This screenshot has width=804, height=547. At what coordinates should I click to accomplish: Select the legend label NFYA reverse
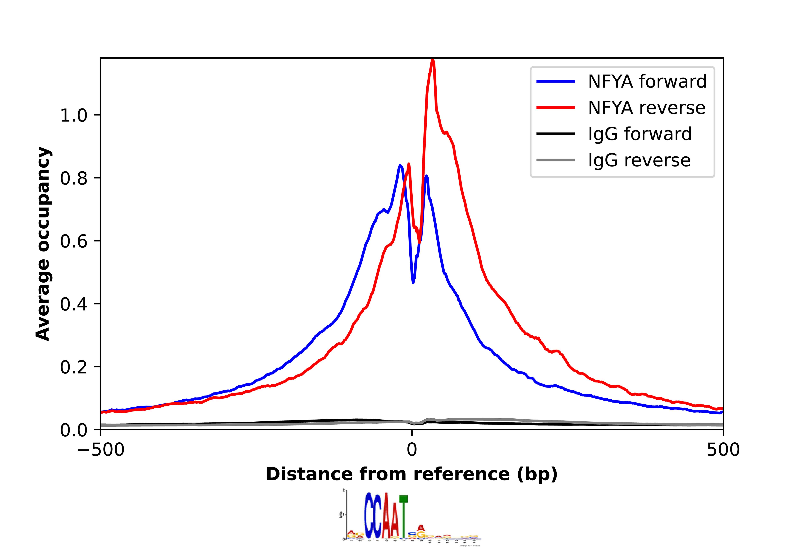(646, 108)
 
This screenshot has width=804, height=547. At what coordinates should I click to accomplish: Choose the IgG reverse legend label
(639, 160)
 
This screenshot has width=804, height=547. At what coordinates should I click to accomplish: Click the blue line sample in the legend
(556, 82)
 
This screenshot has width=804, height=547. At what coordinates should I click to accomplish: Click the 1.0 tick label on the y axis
(74, 115)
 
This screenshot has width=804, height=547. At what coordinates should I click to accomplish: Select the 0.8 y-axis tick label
(74, 178)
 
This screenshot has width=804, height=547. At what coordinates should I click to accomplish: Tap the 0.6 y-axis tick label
(74, 241)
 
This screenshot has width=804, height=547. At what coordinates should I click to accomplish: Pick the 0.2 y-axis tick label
(74, 367)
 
